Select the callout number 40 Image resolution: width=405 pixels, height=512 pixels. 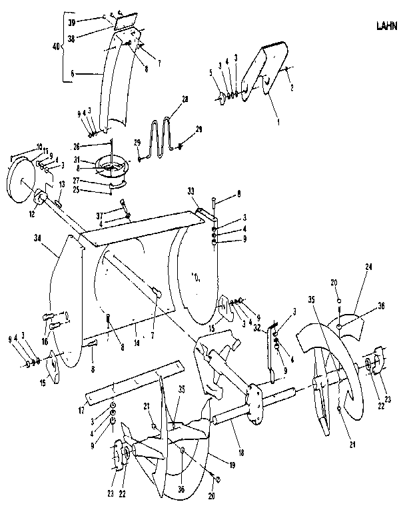[x=56, y=46]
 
